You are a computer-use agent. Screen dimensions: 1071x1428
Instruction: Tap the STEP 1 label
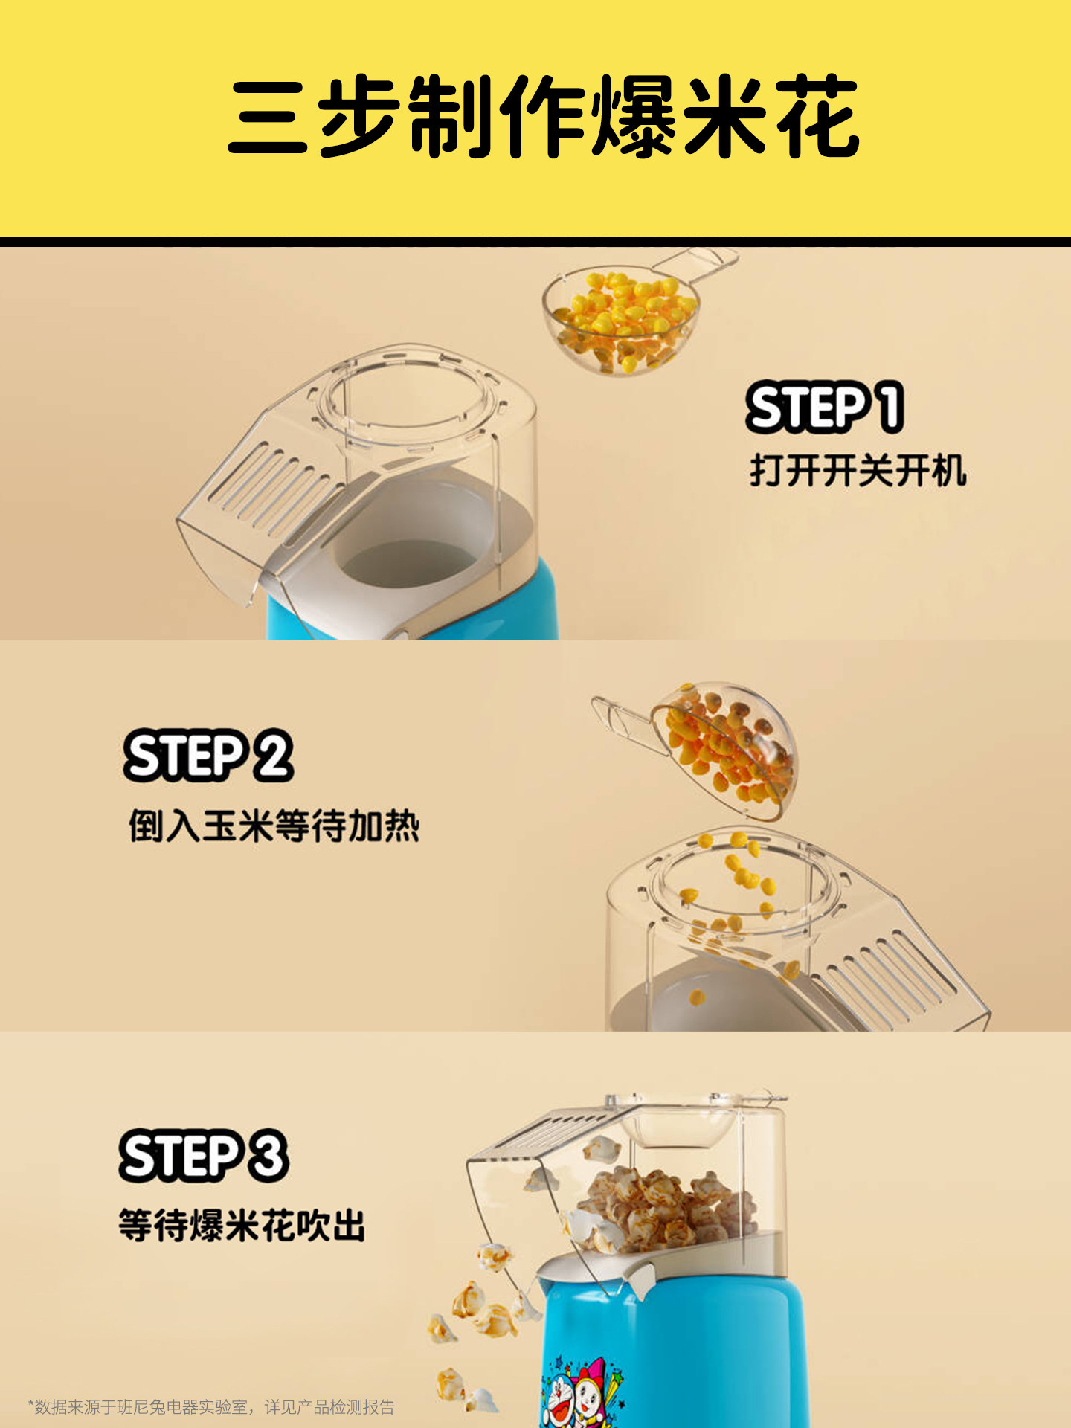[825, 407]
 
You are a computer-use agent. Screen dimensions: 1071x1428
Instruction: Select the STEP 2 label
[208, 756]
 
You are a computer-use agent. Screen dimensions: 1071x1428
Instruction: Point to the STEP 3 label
[204, 1156]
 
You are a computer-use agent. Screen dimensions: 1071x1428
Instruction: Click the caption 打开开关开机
[858, 471]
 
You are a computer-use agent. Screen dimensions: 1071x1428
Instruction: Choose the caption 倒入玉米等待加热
[274, 826]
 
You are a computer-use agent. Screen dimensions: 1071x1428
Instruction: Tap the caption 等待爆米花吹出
[242, 1225]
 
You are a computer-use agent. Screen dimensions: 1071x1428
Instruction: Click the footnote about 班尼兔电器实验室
[211, 1406]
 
